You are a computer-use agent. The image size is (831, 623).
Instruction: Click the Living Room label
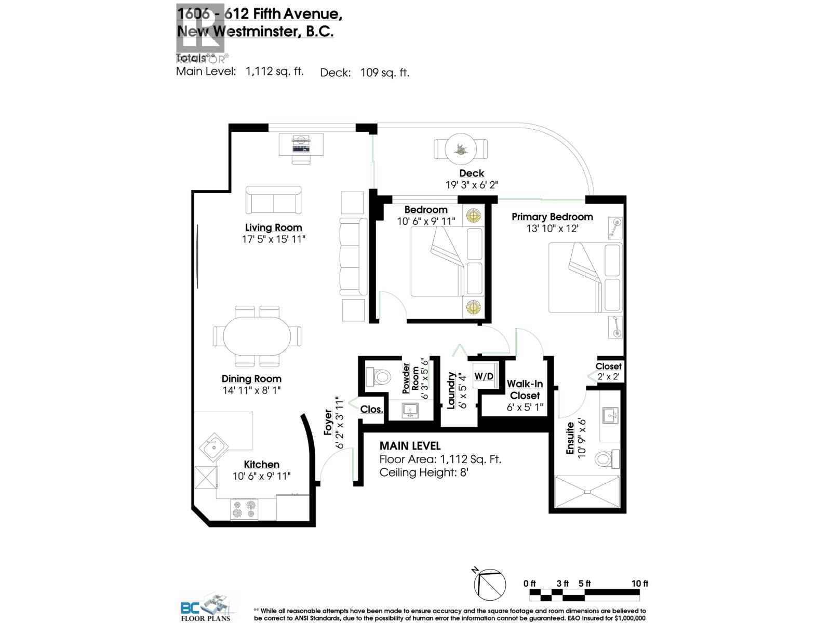coord(273,227)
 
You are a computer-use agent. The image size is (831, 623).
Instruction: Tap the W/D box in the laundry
coord(484,376)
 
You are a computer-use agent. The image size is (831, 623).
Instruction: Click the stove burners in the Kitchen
coord(244,509)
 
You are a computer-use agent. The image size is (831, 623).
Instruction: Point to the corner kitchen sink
coord(213,447)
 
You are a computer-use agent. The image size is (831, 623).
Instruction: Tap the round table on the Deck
coord(460,149)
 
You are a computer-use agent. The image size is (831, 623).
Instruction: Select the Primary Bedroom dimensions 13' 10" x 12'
coord(552,228)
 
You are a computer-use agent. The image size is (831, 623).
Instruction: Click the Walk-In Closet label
coord(525,389)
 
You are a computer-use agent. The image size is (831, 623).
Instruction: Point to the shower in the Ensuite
coord(587,492)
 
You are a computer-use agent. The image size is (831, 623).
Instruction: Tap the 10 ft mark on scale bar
coord(639,584)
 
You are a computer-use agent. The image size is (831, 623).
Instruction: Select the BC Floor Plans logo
coord(205,607)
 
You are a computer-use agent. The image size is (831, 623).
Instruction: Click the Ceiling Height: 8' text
coord(424,472)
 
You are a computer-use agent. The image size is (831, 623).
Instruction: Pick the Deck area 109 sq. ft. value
coord(384,73)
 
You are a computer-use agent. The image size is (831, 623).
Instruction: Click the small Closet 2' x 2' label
coord(608,371)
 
